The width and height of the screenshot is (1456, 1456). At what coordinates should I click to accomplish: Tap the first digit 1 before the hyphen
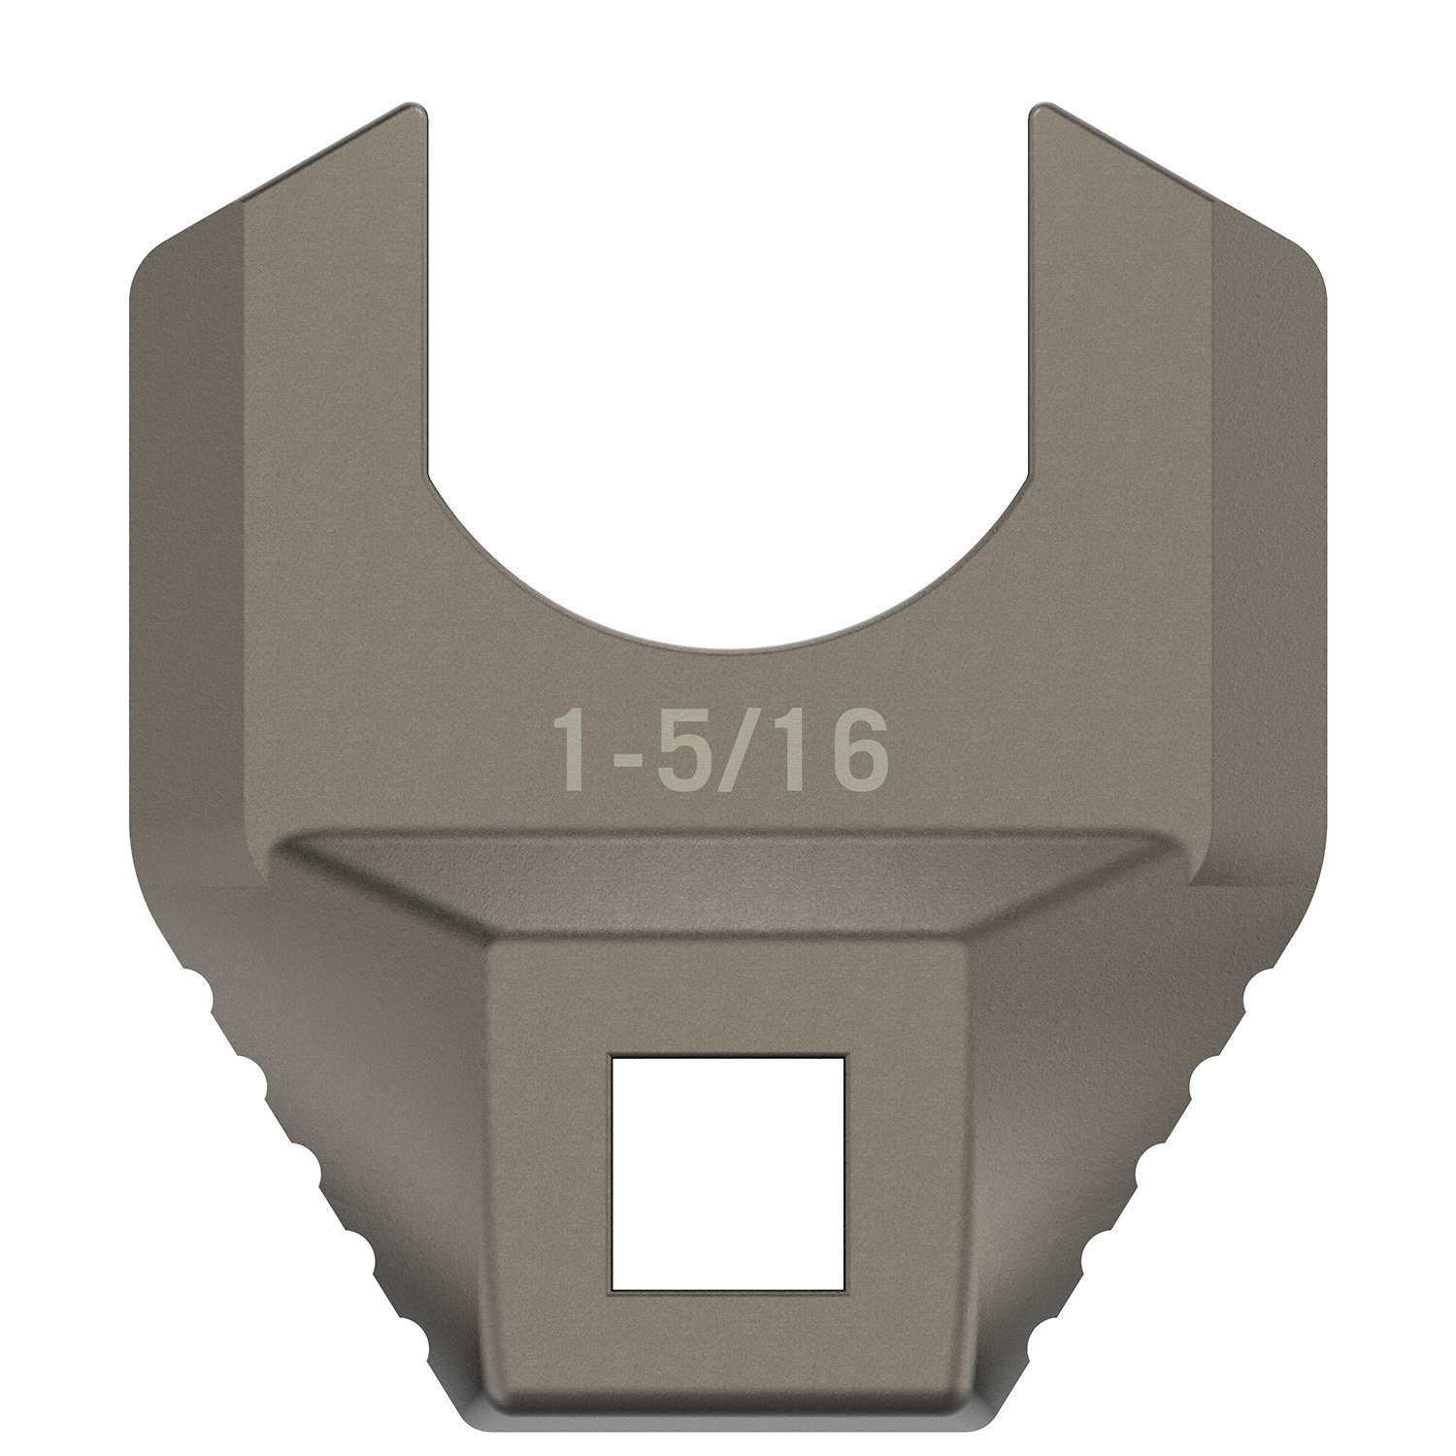click(567, 753)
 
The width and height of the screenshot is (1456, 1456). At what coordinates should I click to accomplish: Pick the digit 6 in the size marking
click(858, 754)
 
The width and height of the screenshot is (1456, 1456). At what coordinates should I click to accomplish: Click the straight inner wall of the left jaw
click(428, 291)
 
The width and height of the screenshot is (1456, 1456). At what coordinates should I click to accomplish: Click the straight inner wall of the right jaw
click(1028, 291)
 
